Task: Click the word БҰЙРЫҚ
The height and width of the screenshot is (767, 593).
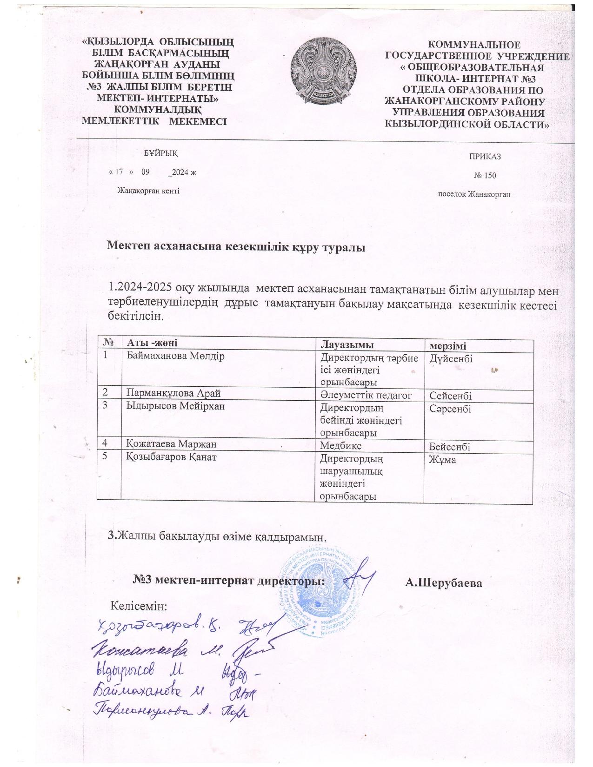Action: point(160,153)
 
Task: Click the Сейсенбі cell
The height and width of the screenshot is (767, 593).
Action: point(451,396)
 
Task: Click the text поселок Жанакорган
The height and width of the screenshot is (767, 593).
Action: point(474,194)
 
